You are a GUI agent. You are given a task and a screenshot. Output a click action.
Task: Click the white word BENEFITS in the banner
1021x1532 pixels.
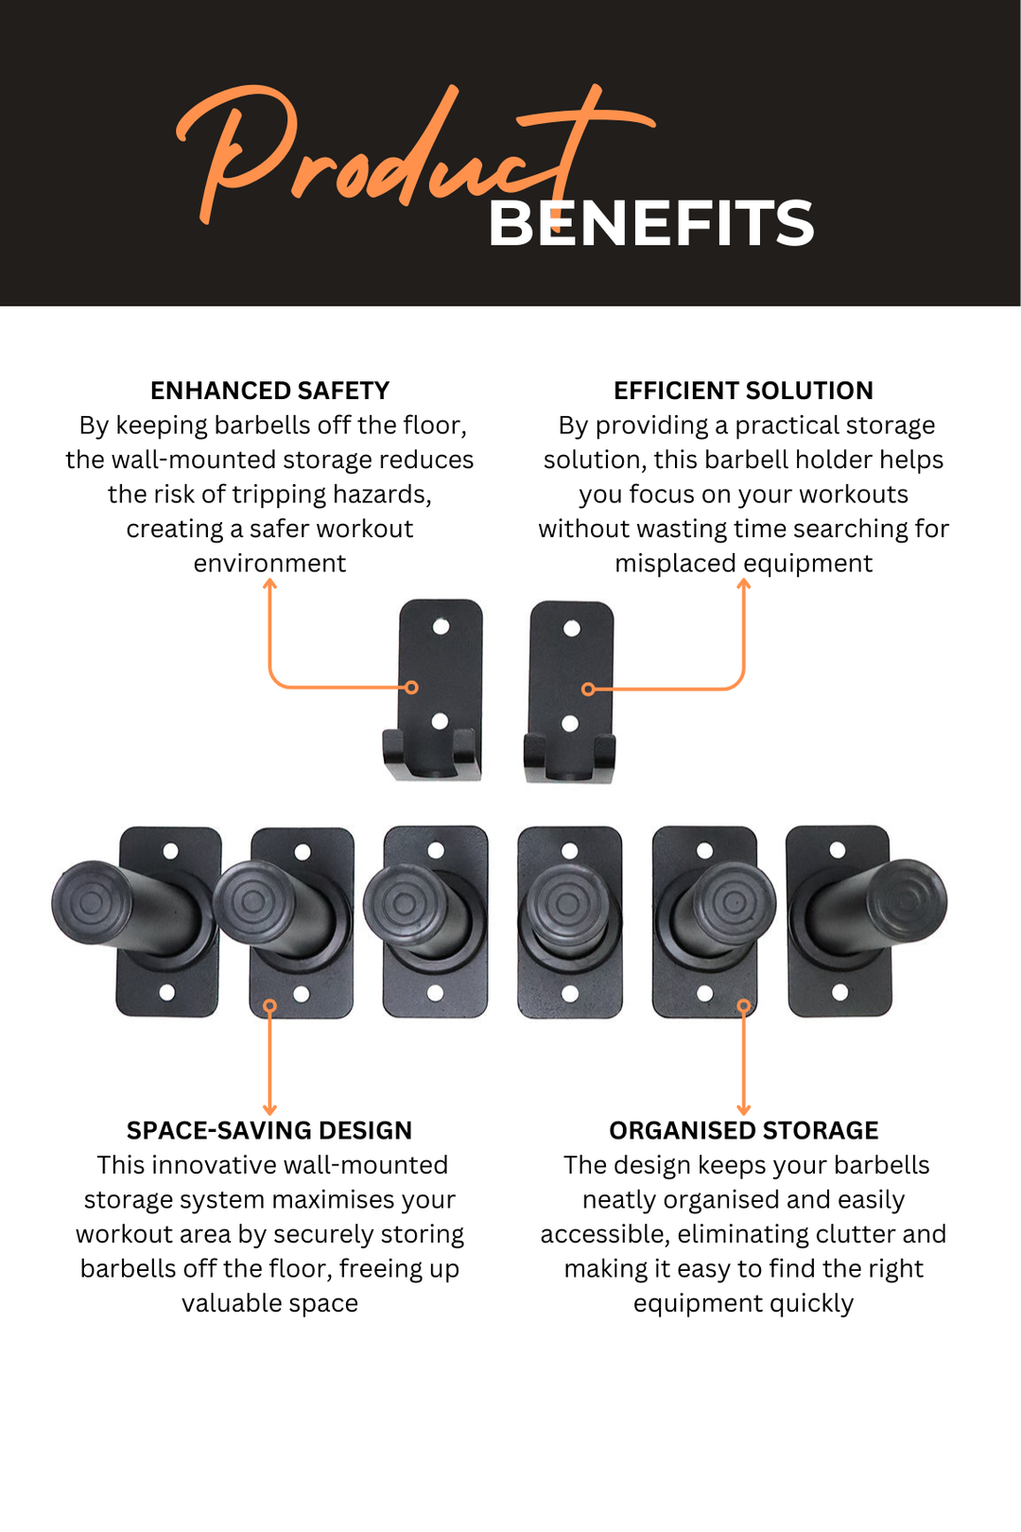pyautogui.click(x=651, y=223)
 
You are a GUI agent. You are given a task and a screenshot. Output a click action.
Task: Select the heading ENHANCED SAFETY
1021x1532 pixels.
pyautogui.click(x=269, y=391)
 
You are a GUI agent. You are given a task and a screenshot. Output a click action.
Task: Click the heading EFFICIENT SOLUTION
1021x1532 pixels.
pyautogui.click(x=743, y=391)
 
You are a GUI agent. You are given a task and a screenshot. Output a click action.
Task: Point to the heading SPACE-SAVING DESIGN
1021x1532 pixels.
pyautogui.click(x=269, y=1130)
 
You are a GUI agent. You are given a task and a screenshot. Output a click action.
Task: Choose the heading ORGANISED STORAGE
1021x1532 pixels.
pyautogui.click(x=743, y=1130)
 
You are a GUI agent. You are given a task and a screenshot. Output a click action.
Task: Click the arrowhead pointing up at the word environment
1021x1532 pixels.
pyautogui.click(x=269, y=583)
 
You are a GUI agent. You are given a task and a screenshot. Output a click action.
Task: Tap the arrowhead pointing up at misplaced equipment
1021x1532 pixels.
pyautogui.click(x=743, y=583)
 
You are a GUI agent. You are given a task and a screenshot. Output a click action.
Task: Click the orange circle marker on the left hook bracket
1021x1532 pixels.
pyautogui.click(x=411, y=688)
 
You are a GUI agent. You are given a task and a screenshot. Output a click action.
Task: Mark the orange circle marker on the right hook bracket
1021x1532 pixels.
pyautogui.click(x=588, y=689)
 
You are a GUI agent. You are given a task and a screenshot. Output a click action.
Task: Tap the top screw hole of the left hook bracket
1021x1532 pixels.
pyautogui.click(x=441, y=626)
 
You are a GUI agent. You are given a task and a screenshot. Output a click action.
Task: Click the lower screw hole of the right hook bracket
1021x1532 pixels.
pyautogui.click(x=570, y=723)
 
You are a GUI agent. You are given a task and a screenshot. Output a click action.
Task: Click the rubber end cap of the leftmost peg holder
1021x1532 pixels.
pyautogui.click(x=92, y=903)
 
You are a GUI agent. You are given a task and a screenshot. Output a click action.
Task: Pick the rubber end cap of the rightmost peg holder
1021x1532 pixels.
pyautogui.click(x=908, y=901)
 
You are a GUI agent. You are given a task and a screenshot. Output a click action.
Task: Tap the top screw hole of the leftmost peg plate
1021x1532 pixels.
pyautogui.click(x=170, y=851)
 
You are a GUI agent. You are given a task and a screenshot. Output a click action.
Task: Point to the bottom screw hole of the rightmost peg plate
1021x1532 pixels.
pyautogui.click(x=839, y=992)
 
